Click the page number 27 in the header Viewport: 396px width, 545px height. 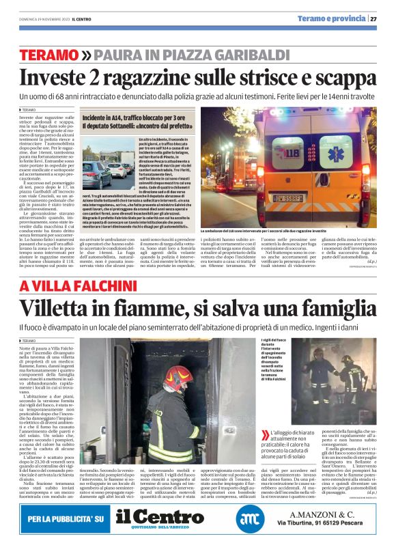coord(374,18)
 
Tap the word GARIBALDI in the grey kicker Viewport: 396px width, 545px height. coord(233,55)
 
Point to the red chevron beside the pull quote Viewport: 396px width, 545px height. coord(265,435)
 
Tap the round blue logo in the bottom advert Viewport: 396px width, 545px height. coord(250,520)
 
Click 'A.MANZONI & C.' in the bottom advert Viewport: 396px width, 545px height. coord(327,514)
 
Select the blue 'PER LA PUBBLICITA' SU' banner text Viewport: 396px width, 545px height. coord(66,520)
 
